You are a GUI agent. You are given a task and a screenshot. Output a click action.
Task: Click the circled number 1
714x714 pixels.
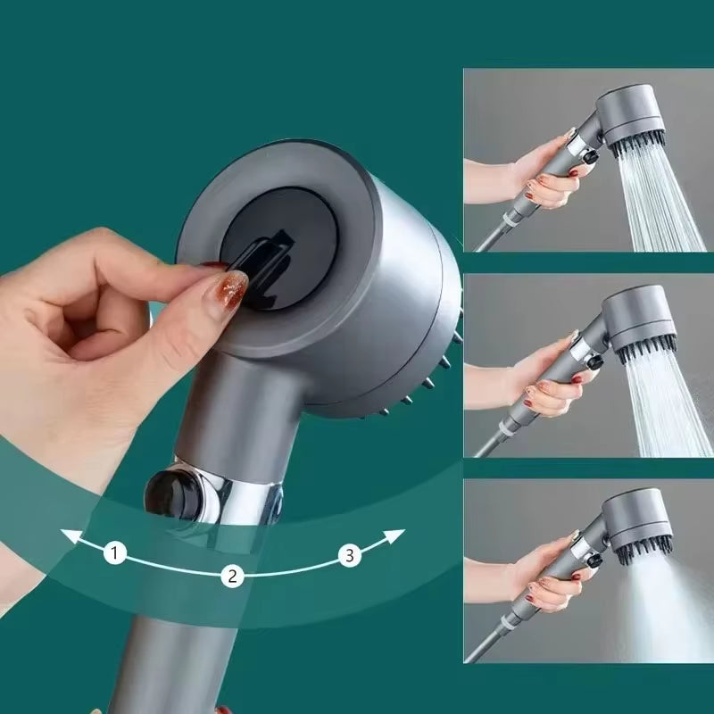(x=113, y=553)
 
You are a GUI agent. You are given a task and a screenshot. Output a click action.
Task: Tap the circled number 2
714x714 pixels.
(x=231, y=576)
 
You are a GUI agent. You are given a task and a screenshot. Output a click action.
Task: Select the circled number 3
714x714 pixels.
(x=350, y=556)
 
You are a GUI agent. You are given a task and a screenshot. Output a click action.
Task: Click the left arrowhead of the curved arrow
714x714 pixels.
(x=67, y=536)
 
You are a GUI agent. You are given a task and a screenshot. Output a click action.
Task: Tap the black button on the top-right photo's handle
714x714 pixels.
(x=590, y=158)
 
